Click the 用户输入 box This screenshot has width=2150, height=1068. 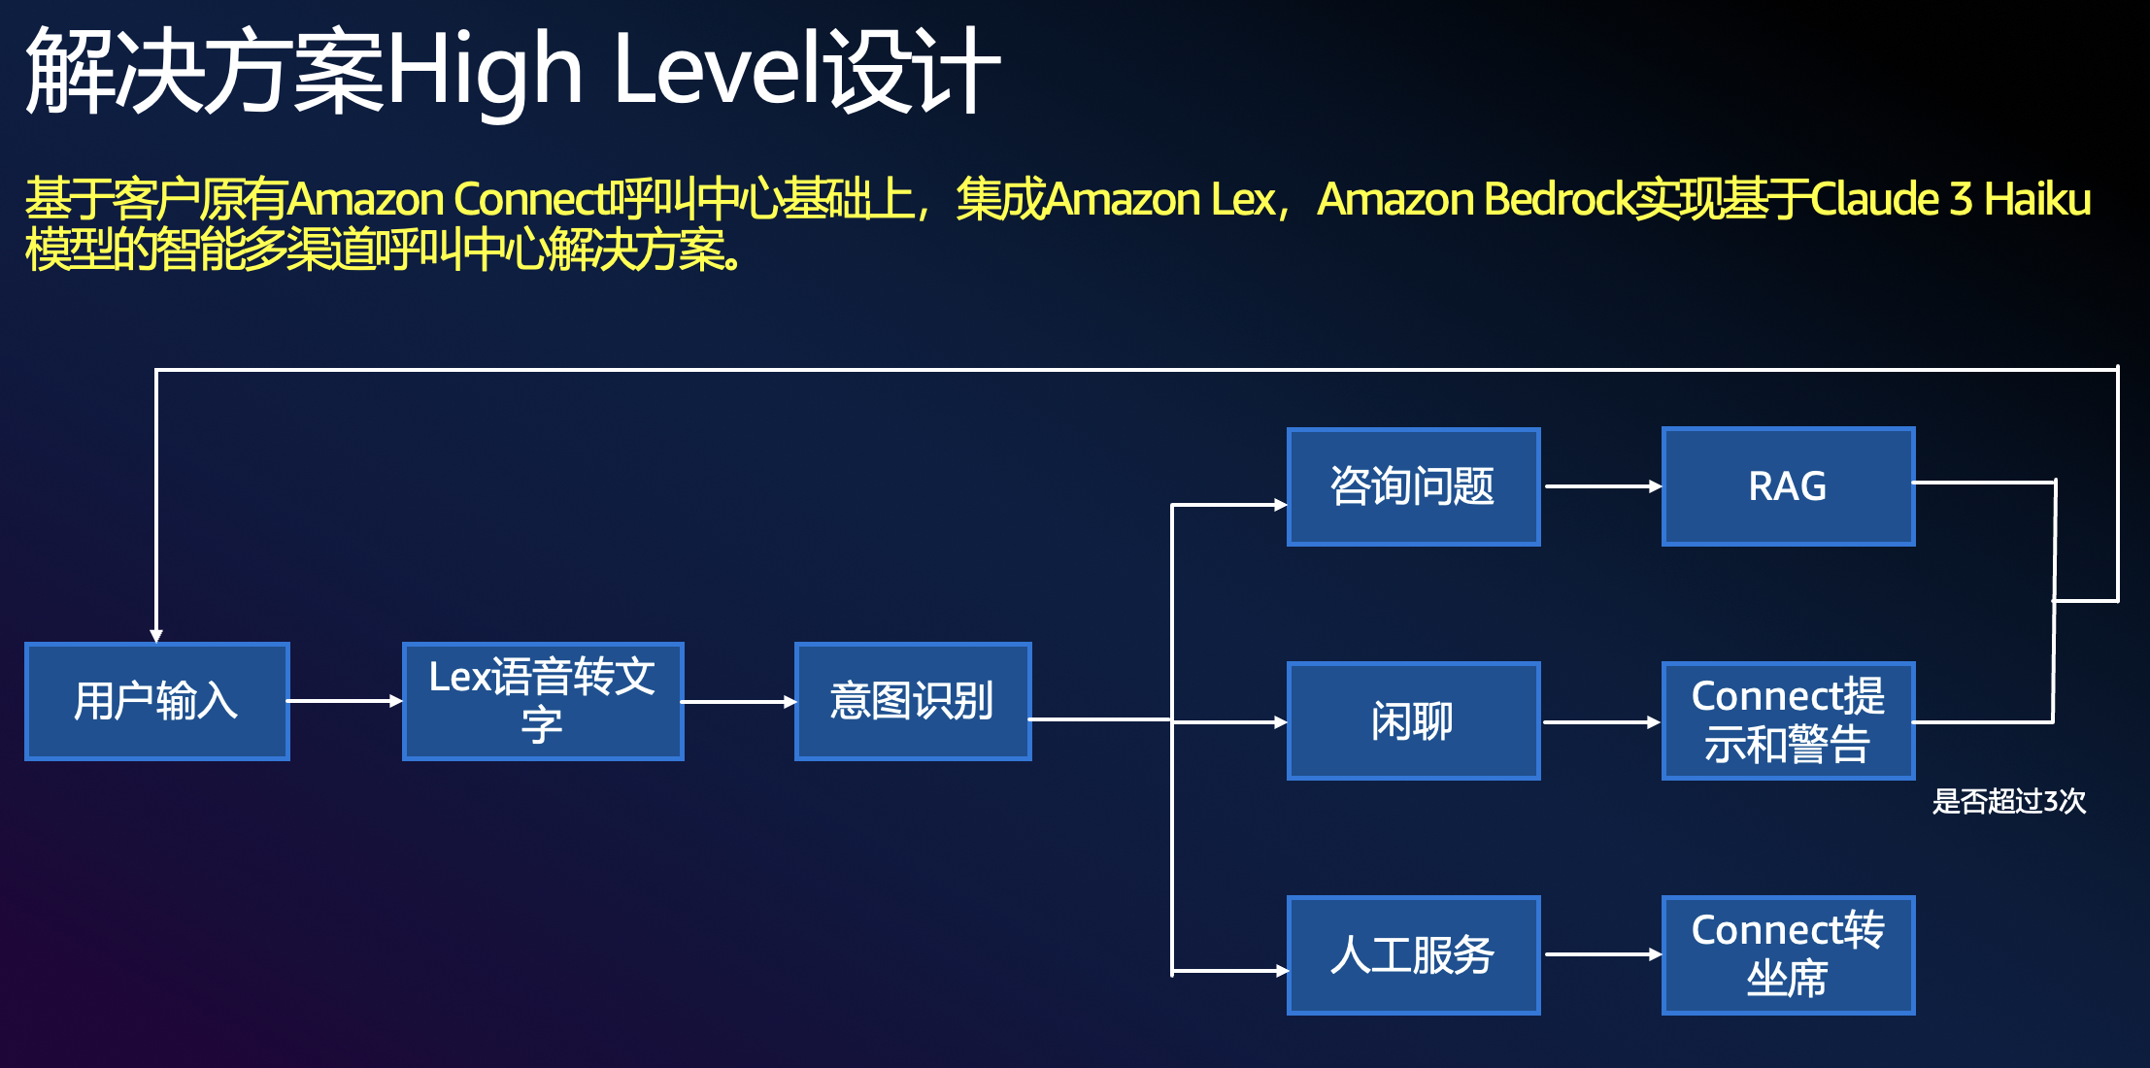pyautogui.click(x=157, y=701)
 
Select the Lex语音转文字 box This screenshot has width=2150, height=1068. pyautogui.click(x=543, y=701)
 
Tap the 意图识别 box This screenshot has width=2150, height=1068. pyautogui.click(x=913, y=701)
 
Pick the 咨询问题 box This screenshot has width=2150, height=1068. pyautogui.click(x=1414, y=486)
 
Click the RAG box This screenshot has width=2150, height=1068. pyautogui.click(x=1789, y=486)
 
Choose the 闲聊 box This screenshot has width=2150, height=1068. pyautogui.click(x=1414, y=721)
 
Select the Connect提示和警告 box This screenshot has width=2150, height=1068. pyautogui.click(x=1789, y=721)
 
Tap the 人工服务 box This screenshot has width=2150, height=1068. pyautogui.click(x=1414, y=955)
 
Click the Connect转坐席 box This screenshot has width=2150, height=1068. pyautogui.click(x=1789, y=955)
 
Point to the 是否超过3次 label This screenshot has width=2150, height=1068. pyautogui.click(x=2009, y=801)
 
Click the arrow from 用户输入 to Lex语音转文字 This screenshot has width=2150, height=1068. pyautogui.click(x=346, y=700)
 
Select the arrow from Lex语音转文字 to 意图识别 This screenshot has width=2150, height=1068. pyautogui.click(x=739, y=701)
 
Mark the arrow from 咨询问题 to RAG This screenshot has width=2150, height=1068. pyautogui.click(x=1603, y=485)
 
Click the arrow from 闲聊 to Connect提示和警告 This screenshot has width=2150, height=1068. pyautogui.click(x=1602, y=721)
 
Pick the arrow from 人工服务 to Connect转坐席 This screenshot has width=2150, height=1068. pyautogui.click(x=1603, y=954)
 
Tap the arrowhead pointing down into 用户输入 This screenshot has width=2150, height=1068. pyautogui.click(x=156, y=636)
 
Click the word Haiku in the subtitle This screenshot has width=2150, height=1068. pyautogui.click(x=2037, y=199)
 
